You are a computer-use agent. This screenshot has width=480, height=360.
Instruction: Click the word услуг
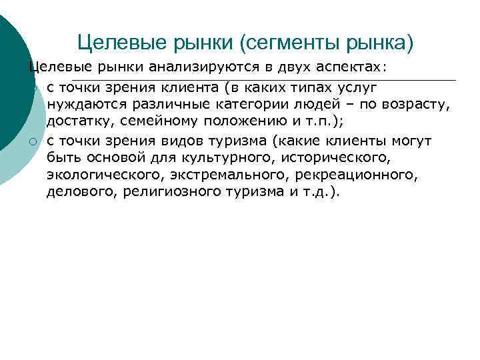tap(360, 88)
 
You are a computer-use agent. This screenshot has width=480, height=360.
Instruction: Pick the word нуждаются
tap(79, 105)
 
